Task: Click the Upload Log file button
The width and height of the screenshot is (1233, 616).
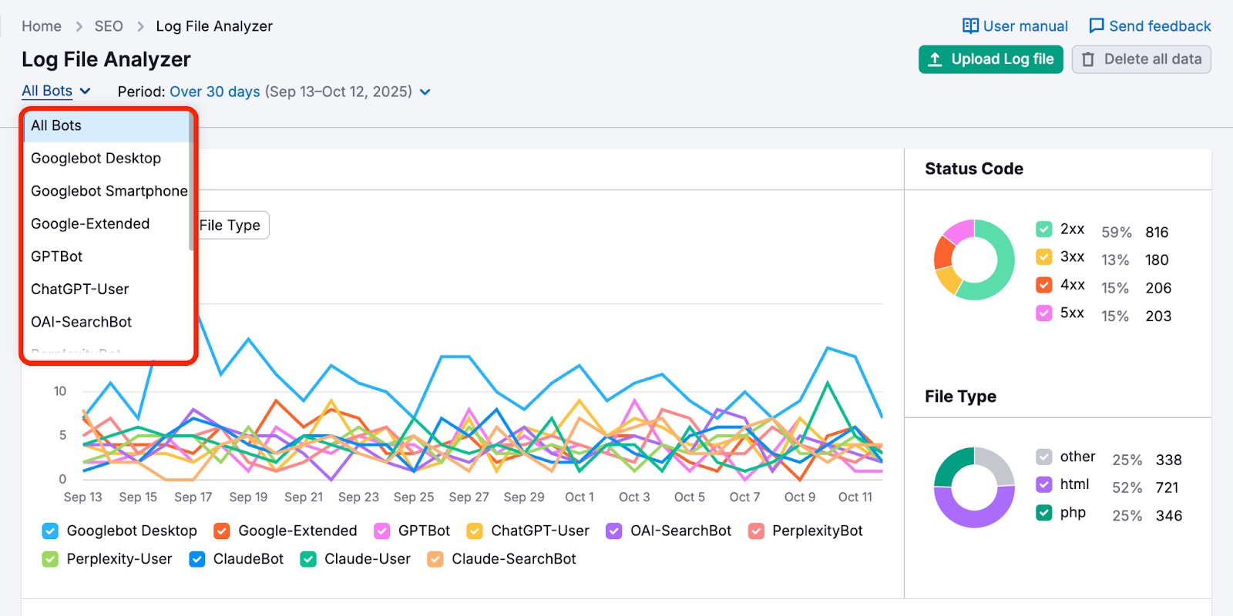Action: tap(990, 59)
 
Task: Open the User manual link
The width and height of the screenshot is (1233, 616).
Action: tap(1015, 26)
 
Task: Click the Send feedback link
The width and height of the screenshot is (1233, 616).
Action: tap(1150, 26)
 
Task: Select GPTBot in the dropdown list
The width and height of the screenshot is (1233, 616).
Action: tap(57, 256)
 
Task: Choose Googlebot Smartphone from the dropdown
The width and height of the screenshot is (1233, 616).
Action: tap(109, 191)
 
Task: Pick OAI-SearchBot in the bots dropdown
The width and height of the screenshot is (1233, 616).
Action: tap(81, 322)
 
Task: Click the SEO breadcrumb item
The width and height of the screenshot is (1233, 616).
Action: tap(109, 26)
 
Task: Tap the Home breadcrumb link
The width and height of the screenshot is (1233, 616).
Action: tap(42, 26)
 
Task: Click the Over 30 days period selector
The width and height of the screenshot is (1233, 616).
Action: tap(215, 92)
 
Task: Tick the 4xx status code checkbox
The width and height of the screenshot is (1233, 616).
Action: tap(1044, 285)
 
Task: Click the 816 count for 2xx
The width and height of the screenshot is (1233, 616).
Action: tap(1157, 233)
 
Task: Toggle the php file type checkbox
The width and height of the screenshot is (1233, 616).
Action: tap(1044, 513)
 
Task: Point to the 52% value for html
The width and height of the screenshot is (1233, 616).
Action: tap(1127, 487)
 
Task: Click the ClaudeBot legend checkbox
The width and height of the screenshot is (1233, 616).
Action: tap(197, 559)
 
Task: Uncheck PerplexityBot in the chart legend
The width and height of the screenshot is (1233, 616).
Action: tap(757, 531)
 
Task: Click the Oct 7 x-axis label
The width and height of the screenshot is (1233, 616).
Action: tap(744, 497)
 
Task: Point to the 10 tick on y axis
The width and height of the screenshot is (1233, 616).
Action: tap(60, 391)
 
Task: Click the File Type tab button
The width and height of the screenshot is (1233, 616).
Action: tap(230, 226)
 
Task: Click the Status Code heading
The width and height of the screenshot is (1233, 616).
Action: tap(974, 169)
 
